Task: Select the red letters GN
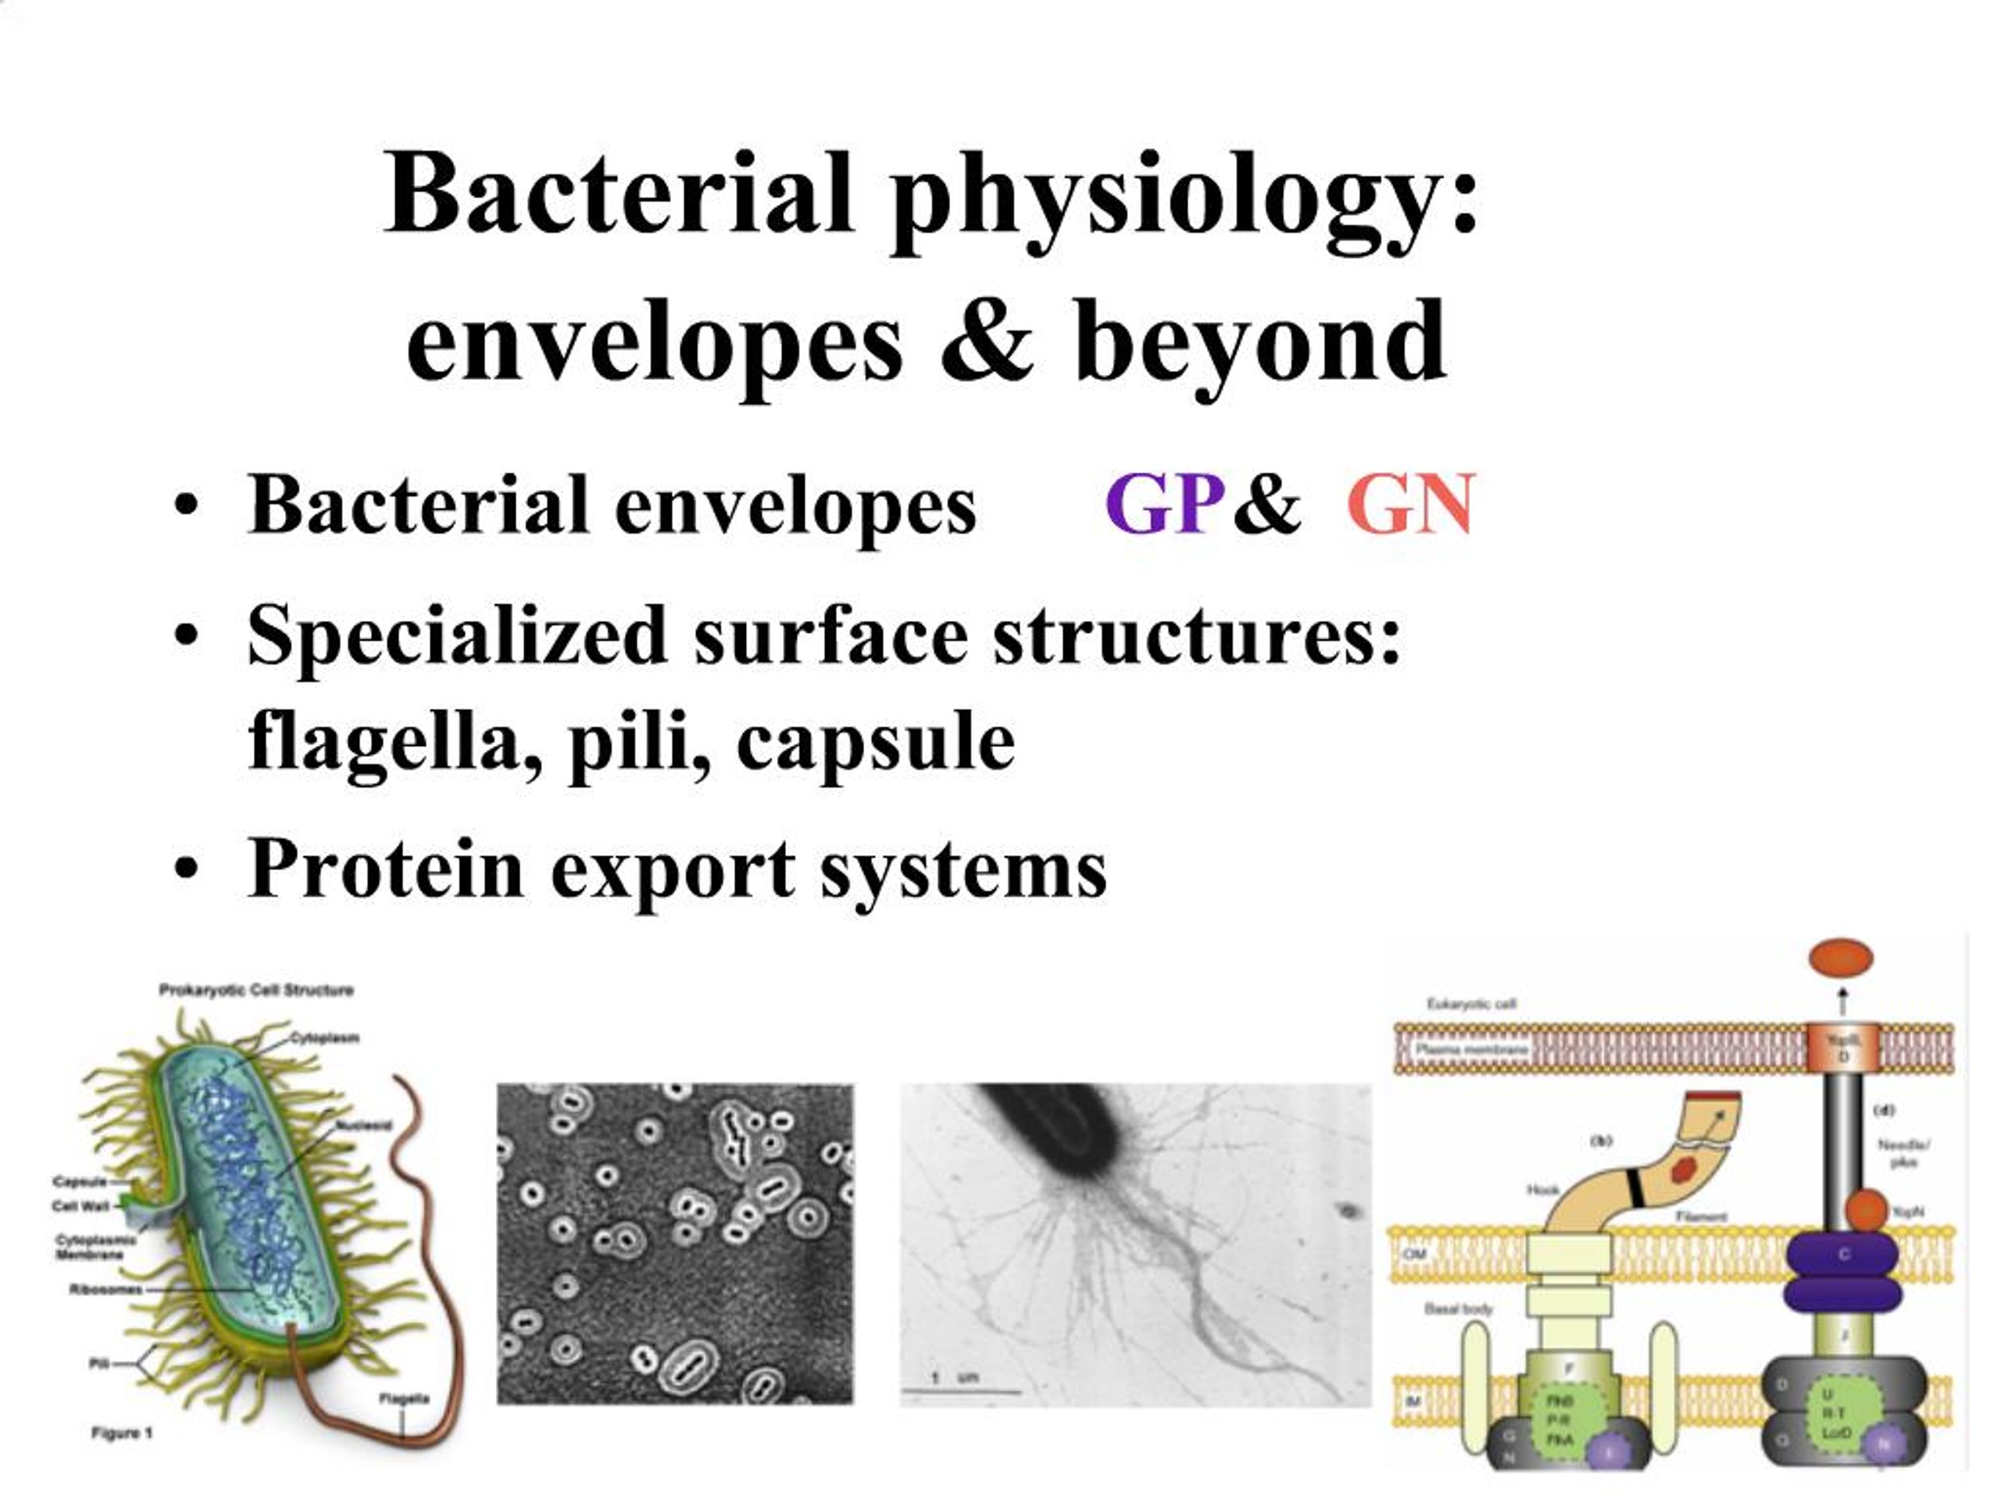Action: [x=1410, y=505]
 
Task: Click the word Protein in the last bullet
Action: [x=385, y=868]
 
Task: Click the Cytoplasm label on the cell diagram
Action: [x=324, y=1037]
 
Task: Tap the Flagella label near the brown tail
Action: [x=403, y=1398]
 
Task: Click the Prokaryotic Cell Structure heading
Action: [x=256, y=990]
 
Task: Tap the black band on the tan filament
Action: [x=1634, y=1187]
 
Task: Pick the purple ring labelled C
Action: [x=1841, y=1254]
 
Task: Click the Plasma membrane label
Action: [x=1472, y=1048]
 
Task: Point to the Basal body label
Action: [x=1459, y=1309]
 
